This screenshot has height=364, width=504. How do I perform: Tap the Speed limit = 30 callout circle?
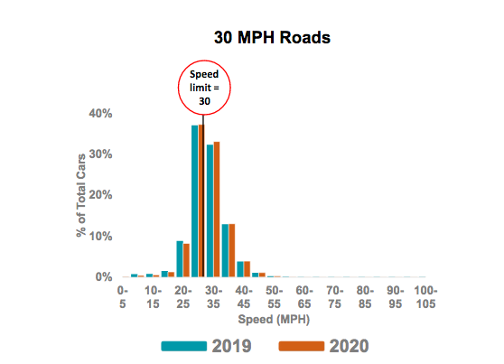click(x=202, y=87)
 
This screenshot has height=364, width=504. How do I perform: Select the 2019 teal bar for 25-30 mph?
click(x=194, y=201)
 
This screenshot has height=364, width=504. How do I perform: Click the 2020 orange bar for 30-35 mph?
click(x=217, y=209)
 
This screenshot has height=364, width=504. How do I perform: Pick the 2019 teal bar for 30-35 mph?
click(x=210, y=210)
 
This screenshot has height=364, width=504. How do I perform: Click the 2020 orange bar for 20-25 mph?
click(x=186, y=260)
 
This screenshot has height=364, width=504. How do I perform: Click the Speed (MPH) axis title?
click(x=273, y=320)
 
